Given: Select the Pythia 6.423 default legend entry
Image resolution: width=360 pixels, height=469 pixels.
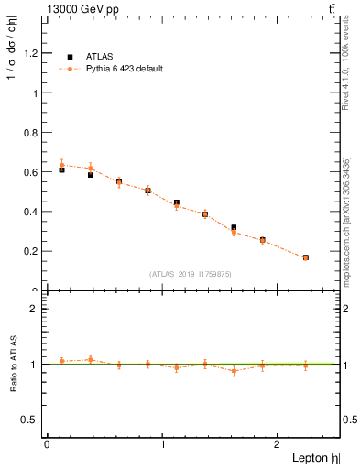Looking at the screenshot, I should coord(124,69).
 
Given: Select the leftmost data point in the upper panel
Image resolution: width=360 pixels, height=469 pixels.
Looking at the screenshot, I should coord(61,169).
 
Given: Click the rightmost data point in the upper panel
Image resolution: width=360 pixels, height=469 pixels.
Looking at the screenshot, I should coord(305,257).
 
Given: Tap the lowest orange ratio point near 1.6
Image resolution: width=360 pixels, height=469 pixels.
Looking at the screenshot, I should coord(234,371).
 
